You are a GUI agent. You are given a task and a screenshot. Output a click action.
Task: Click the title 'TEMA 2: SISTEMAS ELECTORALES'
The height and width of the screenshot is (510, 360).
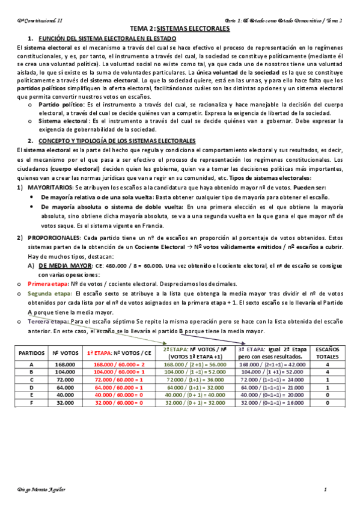(x=180, y=28)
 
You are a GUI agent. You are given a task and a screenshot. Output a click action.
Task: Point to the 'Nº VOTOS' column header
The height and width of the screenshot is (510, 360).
(x=64, y=353)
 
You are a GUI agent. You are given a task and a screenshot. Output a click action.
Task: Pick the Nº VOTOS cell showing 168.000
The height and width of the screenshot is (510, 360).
(x=64, y=364)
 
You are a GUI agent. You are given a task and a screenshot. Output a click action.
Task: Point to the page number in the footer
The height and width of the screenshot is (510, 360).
(x=325, y=489)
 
